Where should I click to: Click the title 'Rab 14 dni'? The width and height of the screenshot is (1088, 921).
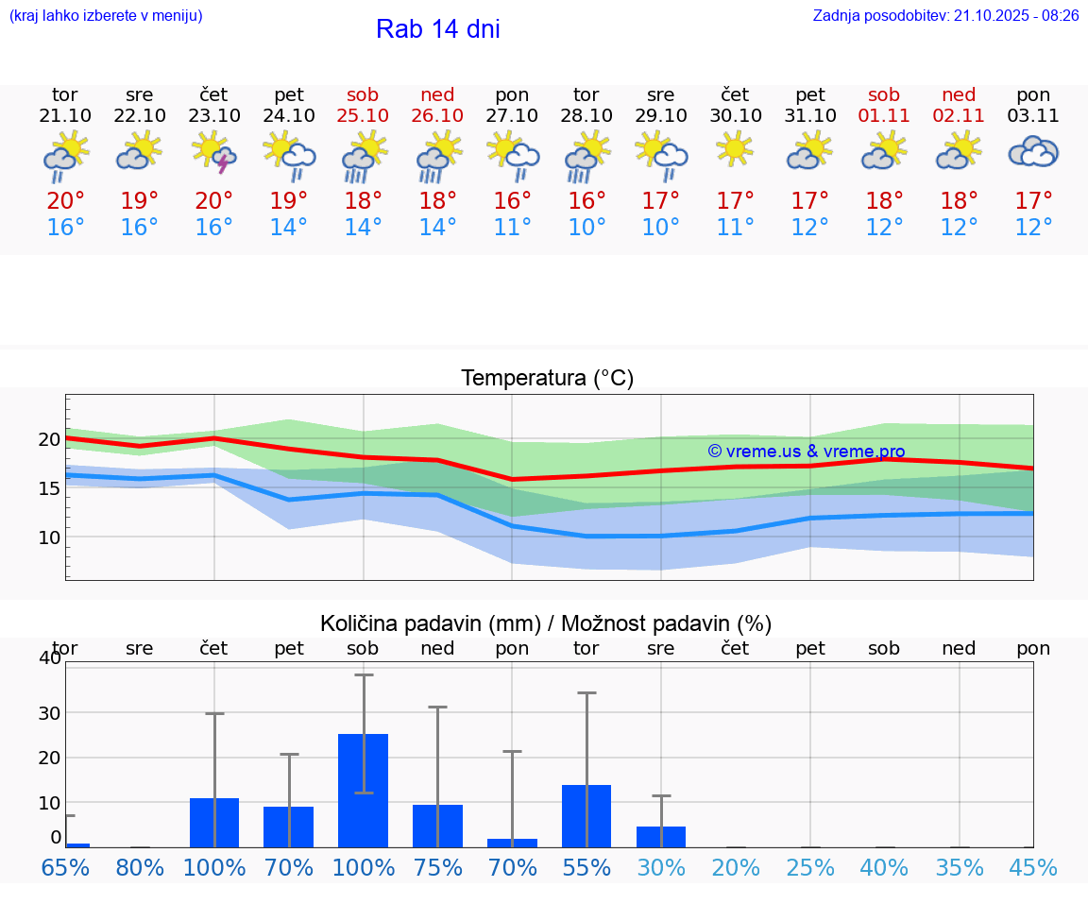437,29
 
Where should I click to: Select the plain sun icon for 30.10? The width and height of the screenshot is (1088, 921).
735,148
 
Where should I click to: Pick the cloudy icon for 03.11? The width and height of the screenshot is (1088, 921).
1033,151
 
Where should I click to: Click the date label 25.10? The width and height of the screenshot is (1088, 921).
363,116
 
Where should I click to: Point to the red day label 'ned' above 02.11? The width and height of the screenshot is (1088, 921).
959,94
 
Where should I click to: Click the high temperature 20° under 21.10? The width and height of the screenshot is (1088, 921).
65,201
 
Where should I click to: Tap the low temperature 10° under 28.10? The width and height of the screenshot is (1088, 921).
586,228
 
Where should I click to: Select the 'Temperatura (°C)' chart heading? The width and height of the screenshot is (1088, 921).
547,379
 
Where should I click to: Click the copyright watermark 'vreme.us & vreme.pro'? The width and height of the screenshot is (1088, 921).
807,452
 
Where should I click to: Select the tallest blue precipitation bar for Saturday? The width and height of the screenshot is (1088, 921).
363,790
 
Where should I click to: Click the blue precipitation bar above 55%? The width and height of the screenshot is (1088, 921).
586,815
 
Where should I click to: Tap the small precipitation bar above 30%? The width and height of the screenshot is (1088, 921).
661,836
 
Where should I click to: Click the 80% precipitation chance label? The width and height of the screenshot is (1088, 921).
140,868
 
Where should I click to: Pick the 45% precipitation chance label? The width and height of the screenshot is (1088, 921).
1033,868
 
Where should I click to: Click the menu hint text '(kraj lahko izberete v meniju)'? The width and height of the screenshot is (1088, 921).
105,15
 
